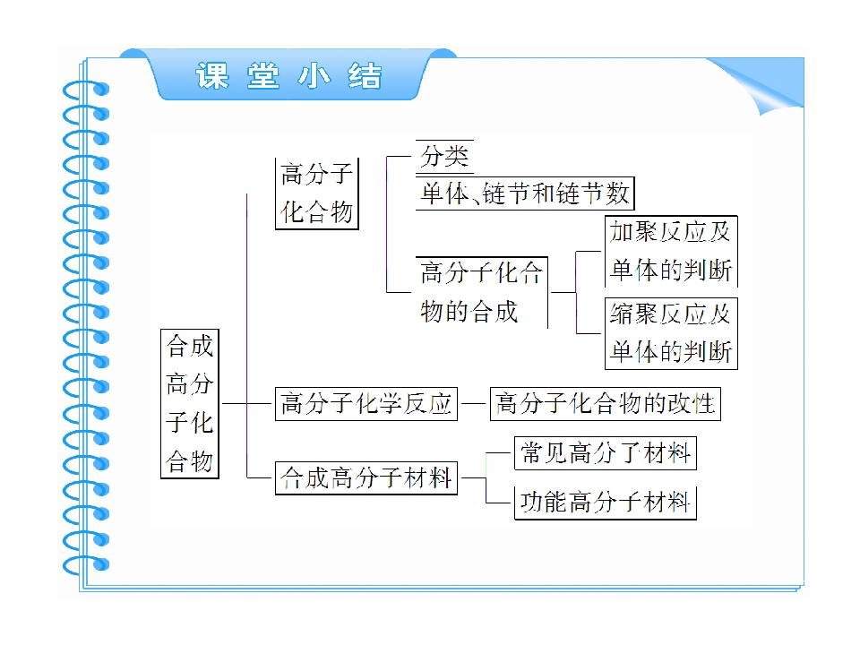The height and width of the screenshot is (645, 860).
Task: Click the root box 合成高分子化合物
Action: (190, 404)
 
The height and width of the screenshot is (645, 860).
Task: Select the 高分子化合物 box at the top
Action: (316, 193)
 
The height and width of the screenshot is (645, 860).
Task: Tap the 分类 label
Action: (444, 156)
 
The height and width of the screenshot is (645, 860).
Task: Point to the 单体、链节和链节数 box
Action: (525, 193)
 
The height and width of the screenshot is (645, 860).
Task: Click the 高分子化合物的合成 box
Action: (482, 292)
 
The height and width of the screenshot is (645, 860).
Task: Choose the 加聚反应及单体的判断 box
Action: (671, 251)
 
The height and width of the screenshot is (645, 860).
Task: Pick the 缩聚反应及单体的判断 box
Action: (671, 333)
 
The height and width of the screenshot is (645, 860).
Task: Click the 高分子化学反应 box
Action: (365, 404)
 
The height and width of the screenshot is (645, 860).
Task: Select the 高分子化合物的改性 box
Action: (605, 404)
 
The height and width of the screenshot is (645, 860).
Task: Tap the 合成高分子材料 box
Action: (365, 478)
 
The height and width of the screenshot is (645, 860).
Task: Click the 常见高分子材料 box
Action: (605, 453)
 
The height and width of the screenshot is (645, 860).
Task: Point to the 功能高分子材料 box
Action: (605, 503)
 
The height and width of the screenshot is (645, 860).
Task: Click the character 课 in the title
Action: (212, 75)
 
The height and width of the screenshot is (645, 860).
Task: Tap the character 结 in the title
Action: (365, 75)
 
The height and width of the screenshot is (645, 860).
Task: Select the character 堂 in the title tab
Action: (263, 75)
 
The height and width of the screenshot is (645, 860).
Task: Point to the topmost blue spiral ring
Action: (86, 90)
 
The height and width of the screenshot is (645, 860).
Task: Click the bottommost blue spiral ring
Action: (86, 565)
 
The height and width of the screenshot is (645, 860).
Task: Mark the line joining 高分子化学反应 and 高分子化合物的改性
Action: (473, 404)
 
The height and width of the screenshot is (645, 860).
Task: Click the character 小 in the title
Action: (314, 75)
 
